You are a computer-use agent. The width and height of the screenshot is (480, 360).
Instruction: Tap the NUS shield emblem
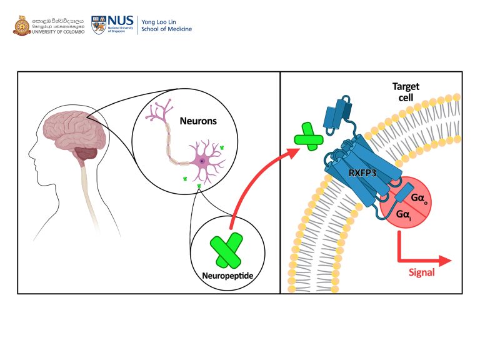point(99,25)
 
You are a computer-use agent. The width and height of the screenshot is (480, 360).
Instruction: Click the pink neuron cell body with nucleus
point(202,164)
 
